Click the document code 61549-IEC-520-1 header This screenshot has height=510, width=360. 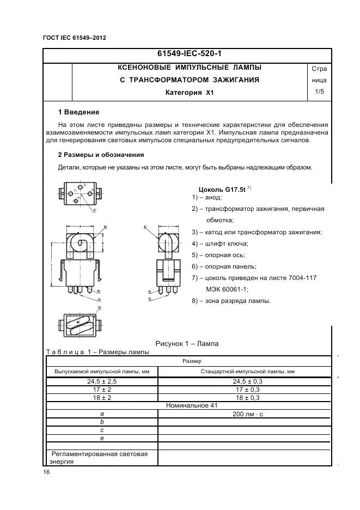point(189,54)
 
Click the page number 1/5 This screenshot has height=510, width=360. point(319,92)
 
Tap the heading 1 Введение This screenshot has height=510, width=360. point(78,112)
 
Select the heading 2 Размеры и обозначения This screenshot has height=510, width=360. point(101,155)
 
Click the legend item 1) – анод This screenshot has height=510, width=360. point(207,197)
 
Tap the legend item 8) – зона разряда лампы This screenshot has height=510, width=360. point(231,301)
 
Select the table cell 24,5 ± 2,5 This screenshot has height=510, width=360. point(102,381)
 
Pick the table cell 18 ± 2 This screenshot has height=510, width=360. point(102,398)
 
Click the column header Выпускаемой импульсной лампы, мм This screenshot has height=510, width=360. point(102,371)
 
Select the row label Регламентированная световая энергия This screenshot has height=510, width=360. point(101,457)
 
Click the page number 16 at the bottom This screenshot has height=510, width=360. point(46,472)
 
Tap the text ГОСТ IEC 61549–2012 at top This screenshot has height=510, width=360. point(74,38)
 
